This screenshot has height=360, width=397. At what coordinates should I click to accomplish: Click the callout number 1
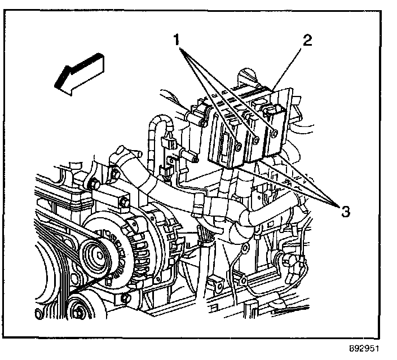[x=177, y=39]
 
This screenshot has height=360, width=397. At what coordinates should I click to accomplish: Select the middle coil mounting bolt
[x=257, y=139]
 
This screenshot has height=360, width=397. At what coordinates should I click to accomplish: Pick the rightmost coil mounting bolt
[x=274, y=133]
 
